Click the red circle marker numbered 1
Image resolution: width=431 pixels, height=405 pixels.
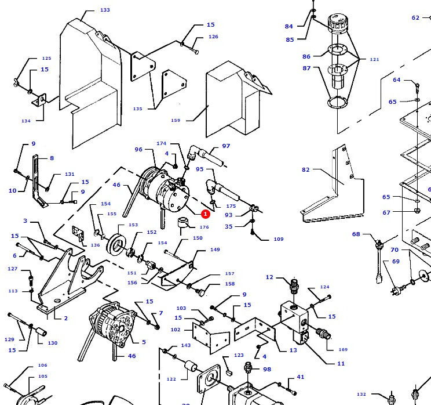click(205, 214)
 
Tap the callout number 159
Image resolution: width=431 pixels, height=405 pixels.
click(176, 121)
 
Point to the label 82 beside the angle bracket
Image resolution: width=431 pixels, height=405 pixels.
click(305, 170)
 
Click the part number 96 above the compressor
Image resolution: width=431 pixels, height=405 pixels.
click(138, 150)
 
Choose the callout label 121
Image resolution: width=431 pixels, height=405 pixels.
click(374, 60)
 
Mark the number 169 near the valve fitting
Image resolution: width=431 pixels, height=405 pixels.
click(343, 349)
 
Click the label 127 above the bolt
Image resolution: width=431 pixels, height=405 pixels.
click(13, 269)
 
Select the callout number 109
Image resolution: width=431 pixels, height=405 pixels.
click(279, 239)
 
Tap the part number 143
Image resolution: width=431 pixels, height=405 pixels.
click(185, 345)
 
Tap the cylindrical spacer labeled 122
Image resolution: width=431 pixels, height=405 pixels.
click(188, 370)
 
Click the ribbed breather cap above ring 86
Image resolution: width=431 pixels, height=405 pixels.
click(337, 25)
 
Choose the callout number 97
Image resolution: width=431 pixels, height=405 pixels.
click(226, 146)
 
